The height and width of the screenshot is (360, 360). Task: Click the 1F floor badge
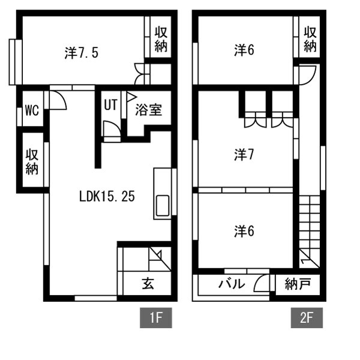(156, 318)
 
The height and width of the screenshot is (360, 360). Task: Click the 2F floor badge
(307, 318)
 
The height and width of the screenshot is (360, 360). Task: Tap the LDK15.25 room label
(107, 197)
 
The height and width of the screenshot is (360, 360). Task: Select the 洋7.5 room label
(82, 53)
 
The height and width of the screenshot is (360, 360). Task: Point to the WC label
(32, 110)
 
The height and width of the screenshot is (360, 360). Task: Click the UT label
(110, 104)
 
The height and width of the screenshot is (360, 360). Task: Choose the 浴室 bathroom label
(149, 110)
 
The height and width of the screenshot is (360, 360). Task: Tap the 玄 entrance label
(148, 283)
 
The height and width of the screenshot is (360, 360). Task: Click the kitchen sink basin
(163, 206)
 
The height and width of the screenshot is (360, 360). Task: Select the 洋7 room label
(244, 155)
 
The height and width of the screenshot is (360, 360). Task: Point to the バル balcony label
(232, 284)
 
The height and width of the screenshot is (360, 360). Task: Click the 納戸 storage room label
(298, 284)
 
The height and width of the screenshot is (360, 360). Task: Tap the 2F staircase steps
(309, 232)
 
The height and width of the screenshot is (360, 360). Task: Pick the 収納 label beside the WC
(32, 162)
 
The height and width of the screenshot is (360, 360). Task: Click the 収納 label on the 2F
(310, 39)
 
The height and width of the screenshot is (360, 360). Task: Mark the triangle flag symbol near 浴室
(131, 97)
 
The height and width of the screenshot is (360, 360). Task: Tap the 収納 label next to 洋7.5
(161, 39)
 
